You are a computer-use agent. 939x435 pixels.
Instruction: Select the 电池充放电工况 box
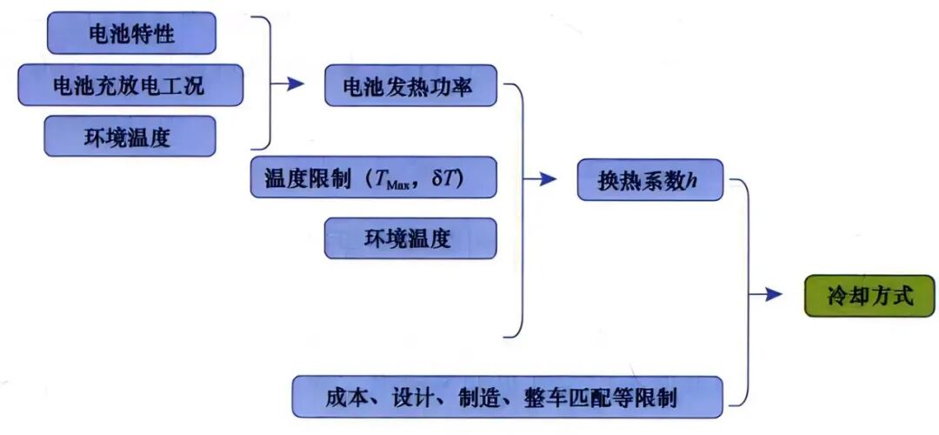pos(130,85)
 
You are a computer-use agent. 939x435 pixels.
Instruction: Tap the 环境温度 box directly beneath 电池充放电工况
pos(130,137)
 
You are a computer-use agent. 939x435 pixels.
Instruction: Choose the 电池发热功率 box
pos(410,85)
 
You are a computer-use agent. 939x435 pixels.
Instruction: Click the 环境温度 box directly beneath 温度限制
pos(410,238)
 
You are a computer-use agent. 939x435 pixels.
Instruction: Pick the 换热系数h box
pos(649,180)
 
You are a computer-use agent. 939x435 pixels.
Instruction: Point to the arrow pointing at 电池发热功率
pos(293,84)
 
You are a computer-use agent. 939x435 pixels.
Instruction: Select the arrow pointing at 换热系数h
pos(544,179)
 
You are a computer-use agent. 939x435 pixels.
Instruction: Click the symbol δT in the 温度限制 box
pos(451,179)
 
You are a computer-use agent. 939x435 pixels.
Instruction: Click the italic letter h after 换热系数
pos(692,181)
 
